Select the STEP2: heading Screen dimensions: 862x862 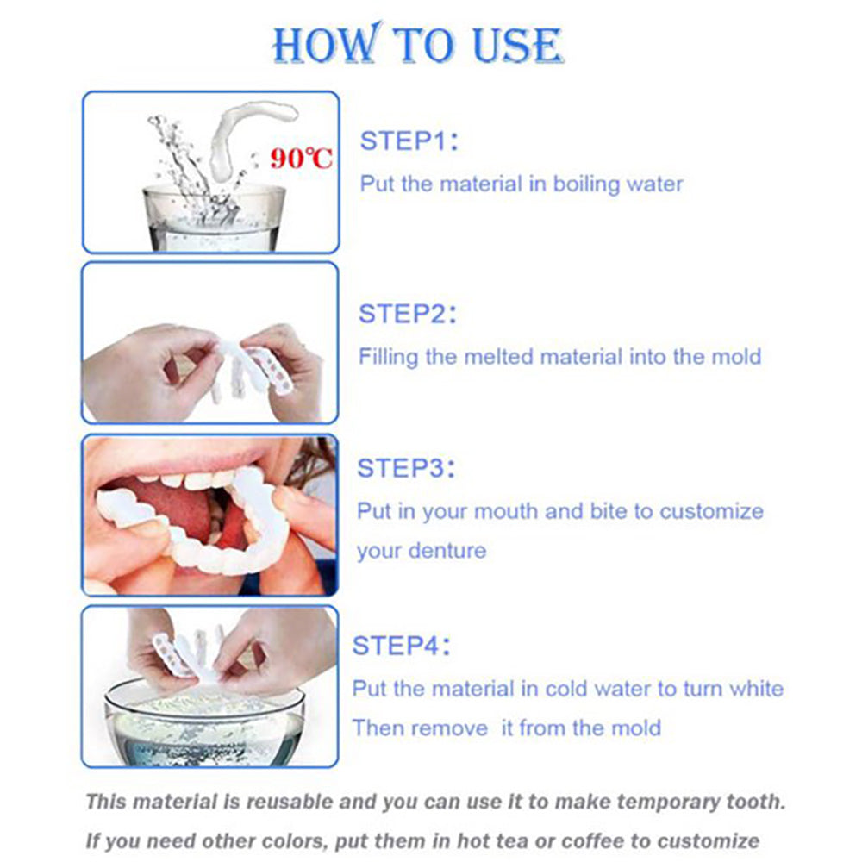[408, 314]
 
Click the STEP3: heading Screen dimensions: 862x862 [407, 470]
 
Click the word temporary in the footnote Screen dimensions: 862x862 [659, 802]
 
